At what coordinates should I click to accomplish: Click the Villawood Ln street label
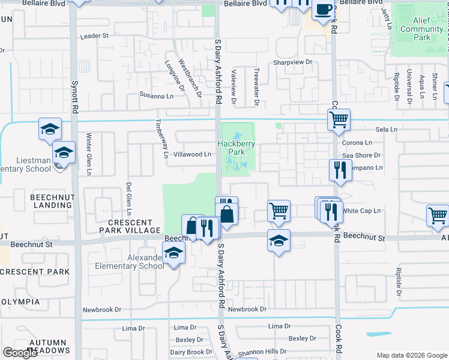(192, 154)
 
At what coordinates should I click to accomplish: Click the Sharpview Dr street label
(294, 62)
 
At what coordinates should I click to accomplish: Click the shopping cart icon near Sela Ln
(339, 120)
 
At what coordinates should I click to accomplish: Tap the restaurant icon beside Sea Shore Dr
(340, 170)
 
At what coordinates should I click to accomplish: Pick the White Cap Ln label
(362, 211)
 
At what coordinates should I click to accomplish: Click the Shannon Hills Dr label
(264, 352)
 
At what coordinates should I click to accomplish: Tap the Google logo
(20, 352)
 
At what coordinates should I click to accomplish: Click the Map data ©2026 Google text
(411, 355)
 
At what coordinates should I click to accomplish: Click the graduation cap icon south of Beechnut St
(279, 241)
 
